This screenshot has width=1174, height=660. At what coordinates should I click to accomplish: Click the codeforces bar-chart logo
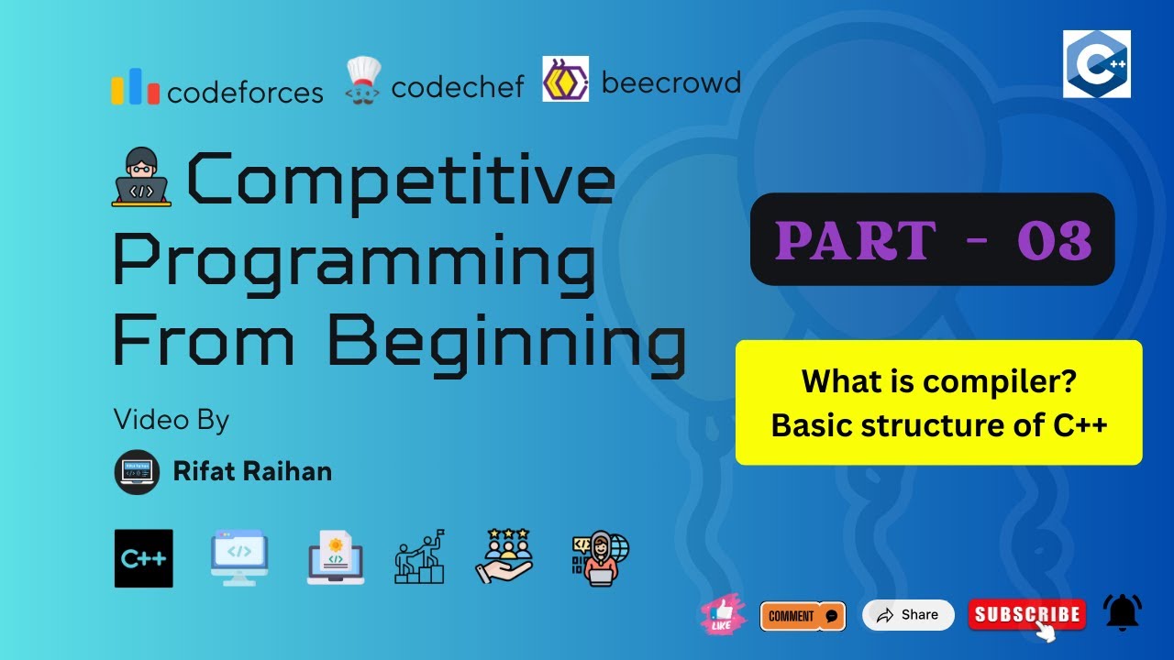(x=136, y=87)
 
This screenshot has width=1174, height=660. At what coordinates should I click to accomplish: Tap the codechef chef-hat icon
(x=363, y=82)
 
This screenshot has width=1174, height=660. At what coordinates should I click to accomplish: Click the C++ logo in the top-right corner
(x=1096, y=64)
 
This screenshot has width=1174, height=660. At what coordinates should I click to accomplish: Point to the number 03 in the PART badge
(x=1055, y=240)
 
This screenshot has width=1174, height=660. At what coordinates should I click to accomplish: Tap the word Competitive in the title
(x=401, y=181)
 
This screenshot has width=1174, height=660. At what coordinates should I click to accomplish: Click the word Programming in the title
(x=354, y=260)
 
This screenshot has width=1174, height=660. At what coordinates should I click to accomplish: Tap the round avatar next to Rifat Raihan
(x=137, y=472)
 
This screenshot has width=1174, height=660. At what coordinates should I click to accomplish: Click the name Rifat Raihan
(x=252, y=472)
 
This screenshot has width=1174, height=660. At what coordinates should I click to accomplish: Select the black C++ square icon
(x=144, y=558)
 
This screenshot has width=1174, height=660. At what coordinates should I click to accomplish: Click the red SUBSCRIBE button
(x=1026, y=615)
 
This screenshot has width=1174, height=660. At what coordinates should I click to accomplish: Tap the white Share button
(x=908, y=615)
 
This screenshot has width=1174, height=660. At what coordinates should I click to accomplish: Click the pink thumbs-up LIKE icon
(x=723, y=615)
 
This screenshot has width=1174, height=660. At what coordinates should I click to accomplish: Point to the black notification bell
(x=1123, y=611)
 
